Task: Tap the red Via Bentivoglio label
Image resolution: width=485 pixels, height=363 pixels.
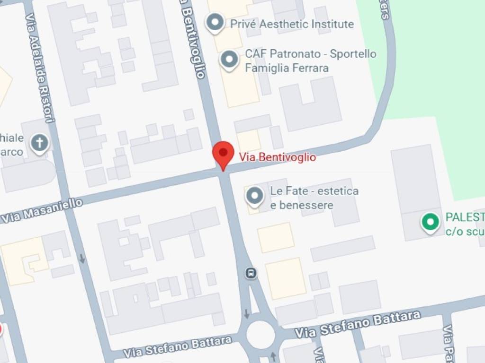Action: pos(277,157)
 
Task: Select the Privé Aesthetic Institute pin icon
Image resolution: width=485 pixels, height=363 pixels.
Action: pos(216,22)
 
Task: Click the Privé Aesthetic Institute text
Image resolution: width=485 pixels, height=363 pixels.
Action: pos(292,24)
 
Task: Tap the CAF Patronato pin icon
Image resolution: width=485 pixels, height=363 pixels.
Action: pos(230,60)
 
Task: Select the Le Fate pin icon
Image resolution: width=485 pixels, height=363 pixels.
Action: pos(255,196)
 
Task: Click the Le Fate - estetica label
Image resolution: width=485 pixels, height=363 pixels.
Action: pos(314,191)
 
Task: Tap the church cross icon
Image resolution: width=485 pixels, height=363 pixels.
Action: pos(40,143)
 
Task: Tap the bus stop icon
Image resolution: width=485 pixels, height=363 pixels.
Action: pos(251,273)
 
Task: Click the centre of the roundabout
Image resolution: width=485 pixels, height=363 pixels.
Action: pos(260,335)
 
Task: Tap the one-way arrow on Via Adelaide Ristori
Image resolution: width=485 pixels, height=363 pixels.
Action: pos(82,259)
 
